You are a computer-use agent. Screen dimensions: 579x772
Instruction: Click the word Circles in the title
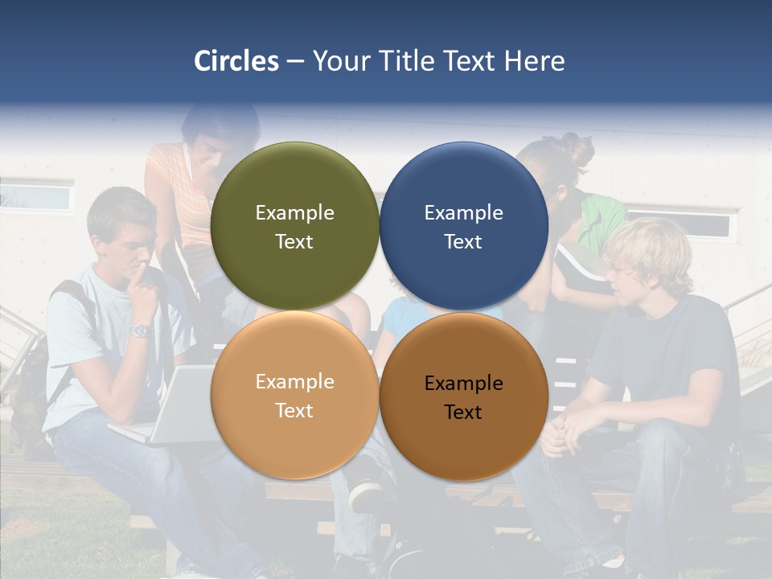236,61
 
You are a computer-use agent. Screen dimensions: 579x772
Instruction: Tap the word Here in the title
534,61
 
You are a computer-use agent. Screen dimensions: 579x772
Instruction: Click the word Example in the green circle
294,213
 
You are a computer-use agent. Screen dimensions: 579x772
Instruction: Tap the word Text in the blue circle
463,242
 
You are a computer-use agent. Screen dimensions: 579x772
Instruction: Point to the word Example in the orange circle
294,382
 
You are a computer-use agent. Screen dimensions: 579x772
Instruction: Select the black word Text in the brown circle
463,413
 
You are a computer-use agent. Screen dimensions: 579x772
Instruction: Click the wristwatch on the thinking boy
142,331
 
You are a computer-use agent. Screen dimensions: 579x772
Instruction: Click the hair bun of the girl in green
577,150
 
